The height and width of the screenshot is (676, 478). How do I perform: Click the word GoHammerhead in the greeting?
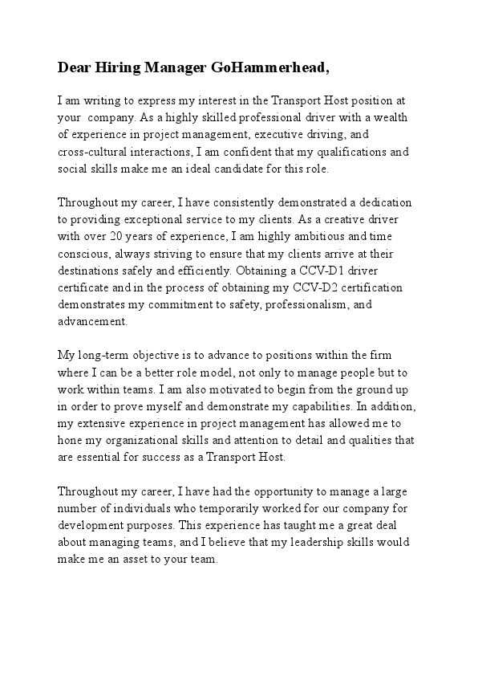pyautogui.click(x=269, y=68)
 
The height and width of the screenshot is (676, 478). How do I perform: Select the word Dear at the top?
pyautogui.click(x=74, y=68)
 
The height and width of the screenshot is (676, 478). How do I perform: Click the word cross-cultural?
pyautogui.click(x=93, y=151)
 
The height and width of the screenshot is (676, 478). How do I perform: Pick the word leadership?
pyautogui.click(x=304, y=542)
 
